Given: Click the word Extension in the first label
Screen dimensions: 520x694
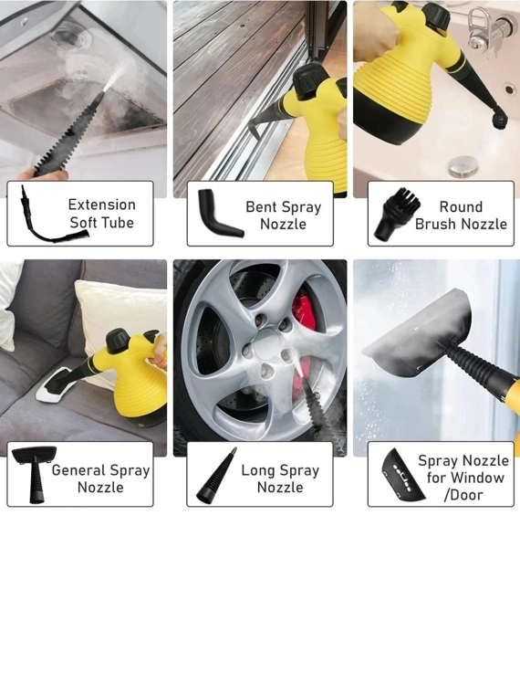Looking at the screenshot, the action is pos(101,205).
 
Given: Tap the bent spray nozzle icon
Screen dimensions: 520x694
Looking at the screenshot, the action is pos(220,214).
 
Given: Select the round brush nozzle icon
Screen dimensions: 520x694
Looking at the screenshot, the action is pos(397,215).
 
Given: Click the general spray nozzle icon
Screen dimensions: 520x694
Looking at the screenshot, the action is pos(35,475).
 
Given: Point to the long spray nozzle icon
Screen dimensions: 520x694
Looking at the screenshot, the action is pos(216,477).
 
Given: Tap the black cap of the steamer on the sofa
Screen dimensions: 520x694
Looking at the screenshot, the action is pos(118,341).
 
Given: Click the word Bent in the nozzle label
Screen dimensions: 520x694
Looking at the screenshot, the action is pos(261,206).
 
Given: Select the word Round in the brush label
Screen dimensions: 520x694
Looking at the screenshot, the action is pos(461,206).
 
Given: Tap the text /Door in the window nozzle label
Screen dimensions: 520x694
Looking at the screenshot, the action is pos(463,495).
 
